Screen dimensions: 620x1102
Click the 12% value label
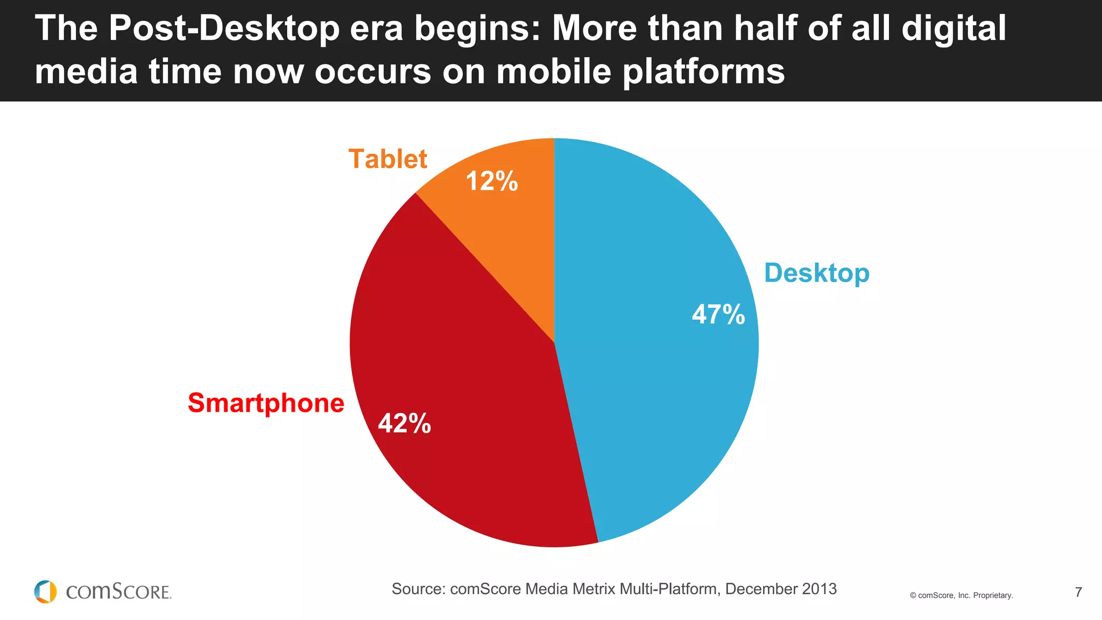tap(491, 181)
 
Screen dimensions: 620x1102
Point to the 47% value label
tap(718, 314)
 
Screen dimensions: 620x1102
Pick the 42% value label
tap(405, 424)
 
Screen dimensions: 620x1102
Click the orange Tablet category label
tap(387, 159)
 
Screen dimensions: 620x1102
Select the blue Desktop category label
tap(816, 273)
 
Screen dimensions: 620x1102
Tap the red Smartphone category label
tap(266, 403)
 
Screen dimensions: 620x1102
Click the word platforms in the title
tap(704, 72)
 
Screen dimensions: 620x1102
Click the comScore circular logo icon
tap(45, 591)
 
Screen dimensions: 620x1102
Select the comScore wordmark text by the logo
tap(118, 592)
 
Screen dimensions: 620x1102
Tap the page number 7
tap(1078, 593)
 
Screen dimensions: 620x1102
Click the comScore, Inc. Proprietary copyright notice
tap(961, 595)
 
